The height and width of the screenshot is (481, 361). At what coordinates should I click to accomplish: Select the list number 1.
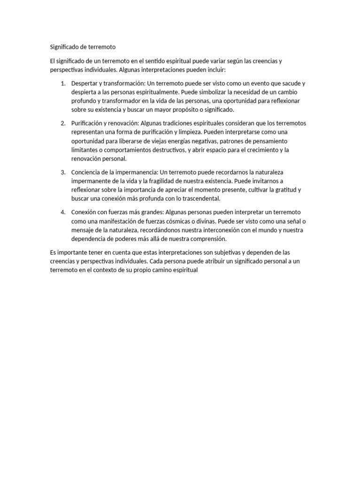63,83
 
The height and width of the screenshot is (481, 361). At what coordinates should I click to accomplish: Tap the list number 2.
63,123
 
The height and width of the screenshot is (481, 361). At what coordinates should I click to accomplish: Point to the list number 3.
63,172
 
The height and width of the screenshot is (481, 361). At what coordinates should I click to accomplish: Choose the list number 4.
63,212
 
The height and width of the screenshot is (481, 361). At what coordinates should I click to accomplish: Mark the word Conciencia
86,172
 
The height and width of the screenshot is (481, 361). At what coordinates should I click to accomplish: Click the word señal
293,221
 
